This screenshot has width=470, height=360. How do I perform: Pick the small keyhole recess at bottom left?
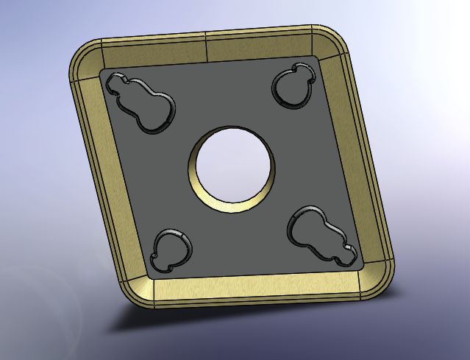point(171,249)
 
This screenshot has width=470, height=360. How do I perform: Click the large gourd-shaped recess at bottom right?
point(318,233)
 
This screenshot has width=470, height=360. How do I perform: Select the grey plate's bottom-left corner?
point(151,275)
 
